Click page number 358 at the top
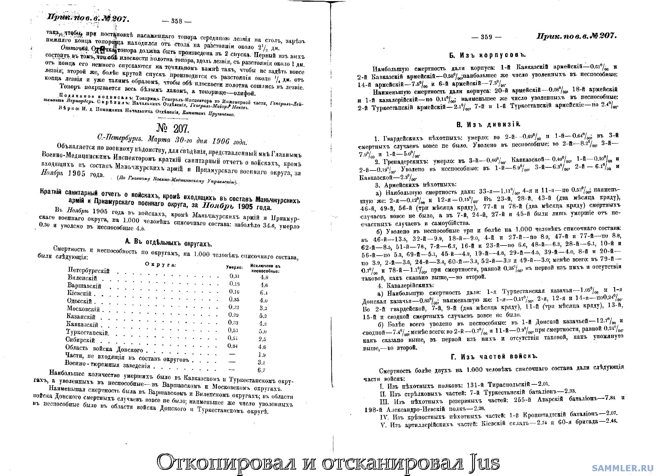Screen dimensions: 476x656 point(177,21)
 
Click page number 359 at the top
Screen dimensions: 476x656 point(486,37)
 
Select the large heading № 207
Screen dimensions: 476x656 point(173,129)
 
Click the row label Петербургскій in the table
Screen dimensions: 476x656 point(89,270)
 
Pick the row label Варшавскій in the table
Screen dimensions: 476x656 point(84,286)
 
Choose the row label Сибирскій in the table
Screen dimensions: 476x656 point(80,340)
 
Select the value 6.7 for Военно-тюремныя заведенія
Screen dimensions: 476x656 point(261,370)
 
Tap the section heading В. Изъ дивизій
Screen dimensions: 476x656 point(488,125)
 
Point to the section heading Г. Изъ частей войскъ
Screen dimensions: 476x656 point(494,357)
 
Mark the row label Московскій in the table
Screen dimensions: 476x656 point(83,309)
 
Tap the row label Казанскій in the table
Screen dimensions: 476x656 point(81,317)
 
